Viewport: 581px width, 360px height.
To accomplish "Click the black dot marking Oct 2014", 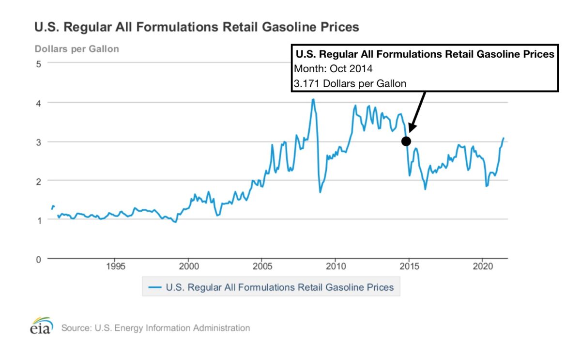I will pos(406,141).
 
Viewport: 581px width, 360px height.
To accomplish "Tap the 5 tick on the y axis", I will pos(37,63).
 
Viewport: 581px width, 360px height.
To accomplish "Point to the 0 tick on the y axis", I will pos(37,259).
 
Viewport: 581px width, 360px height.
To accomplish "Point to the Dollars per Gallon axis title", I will pos(76,49).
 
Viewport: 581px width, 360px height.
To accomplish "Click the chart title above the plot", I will pos(197,27).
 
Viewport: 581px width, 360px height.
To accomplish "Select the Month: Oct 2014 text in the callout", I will pos(333,68).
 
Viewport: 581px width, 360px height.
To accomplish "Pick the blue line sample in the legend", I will pos(154,287).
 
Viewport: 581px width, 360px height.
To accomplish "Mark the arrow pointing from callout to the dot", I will pos(417,110).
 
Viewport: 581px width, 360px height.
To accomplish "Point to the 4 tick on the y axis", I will pos(37,103).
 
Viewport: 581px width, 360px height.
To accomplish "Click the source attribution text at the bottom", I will pos(155,328).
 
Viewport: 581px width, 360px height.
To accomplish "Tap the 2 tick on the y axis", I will pos(37,181).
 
